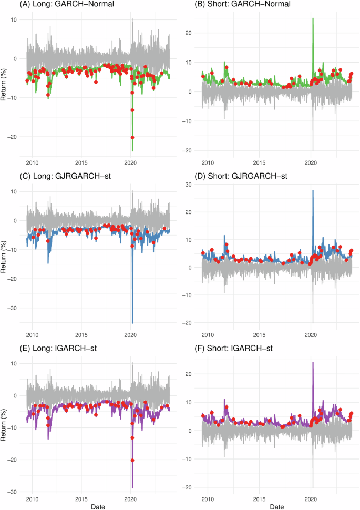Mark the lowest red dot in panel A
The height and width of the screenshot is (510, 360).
[x=132, y=137]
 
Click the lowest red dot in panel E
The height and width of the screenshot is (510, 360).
[x=132, y=460]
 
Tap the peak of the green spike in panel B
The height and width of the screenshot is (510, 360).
[x=313, y=18]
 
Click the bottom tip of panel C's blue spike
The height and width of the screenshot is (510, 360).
[x=132, y=323]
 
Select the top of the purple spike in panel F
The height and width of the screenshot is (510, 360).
[x=313, y=362]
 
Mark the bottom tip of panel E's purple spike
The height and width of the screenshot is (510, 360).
[x=132, y=488]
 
